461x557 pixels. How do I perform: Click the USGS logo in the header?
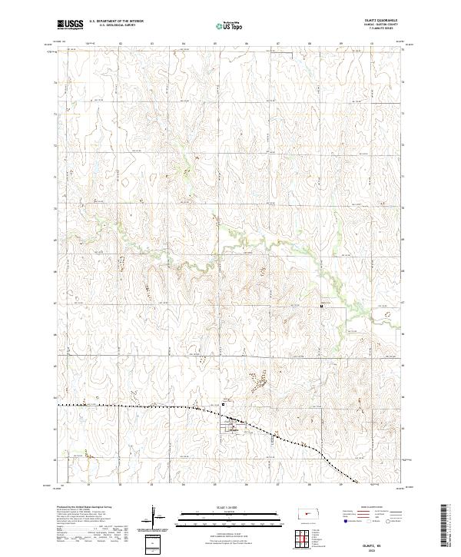pos(71,25)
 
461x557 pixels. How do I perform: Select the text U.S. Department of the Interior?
pos(116,22)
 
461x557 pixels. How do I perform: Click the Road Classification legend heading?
pos(369,508)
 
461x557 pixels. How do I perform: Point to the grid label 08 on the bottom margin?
pos(309,486)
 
